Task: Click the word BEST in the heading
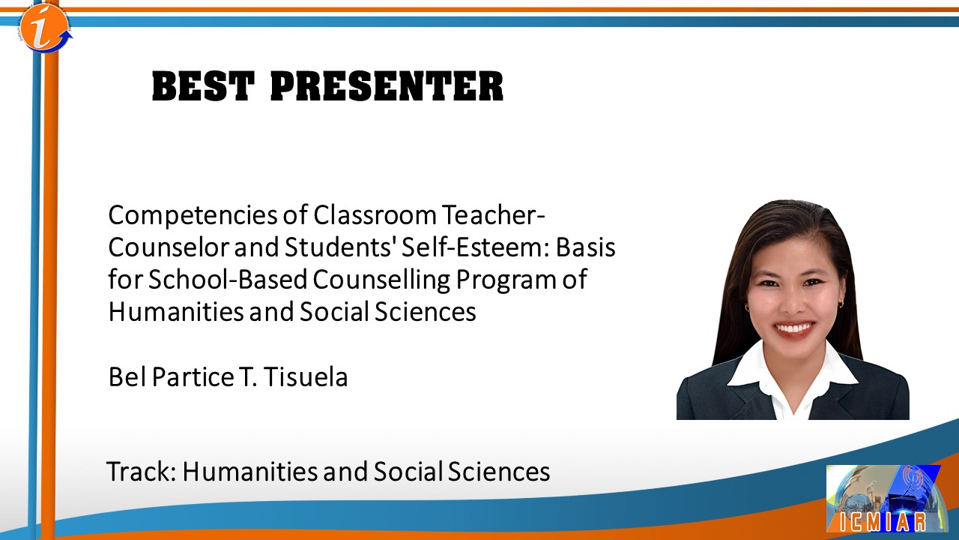(203, 86)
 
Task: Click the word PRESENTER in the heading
(387, 86)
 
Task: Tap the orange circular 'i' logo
(45, 28)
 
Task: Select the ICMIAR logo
(887, 499)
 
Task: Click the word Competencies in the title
(193, 216)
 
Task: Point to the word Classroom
(375, 214)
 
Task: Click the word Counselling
(381, 280)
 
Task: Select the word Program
(504, 280)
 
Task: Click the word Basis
(586, 247)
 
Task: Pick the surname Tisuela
(305, 377)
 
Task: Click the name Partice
(193, 377)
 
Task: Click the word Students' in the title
(339, 247)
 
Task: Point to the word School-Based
(228, 280)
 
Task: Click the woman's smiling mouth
(793, 328)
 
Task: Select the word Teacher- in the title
(494, 214)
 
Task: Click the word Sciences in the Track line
(499, 472)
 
